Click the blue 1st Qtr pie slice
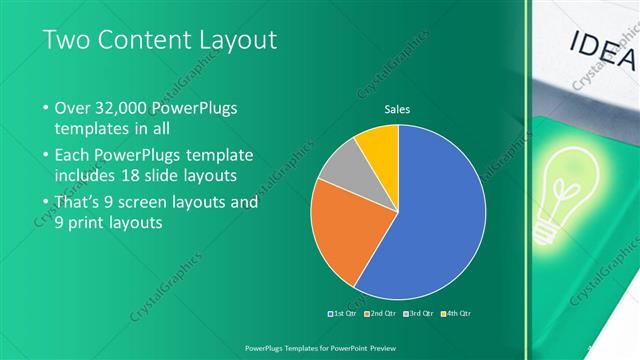tap(435, 215)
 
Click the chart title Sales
tap(398, 110)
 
